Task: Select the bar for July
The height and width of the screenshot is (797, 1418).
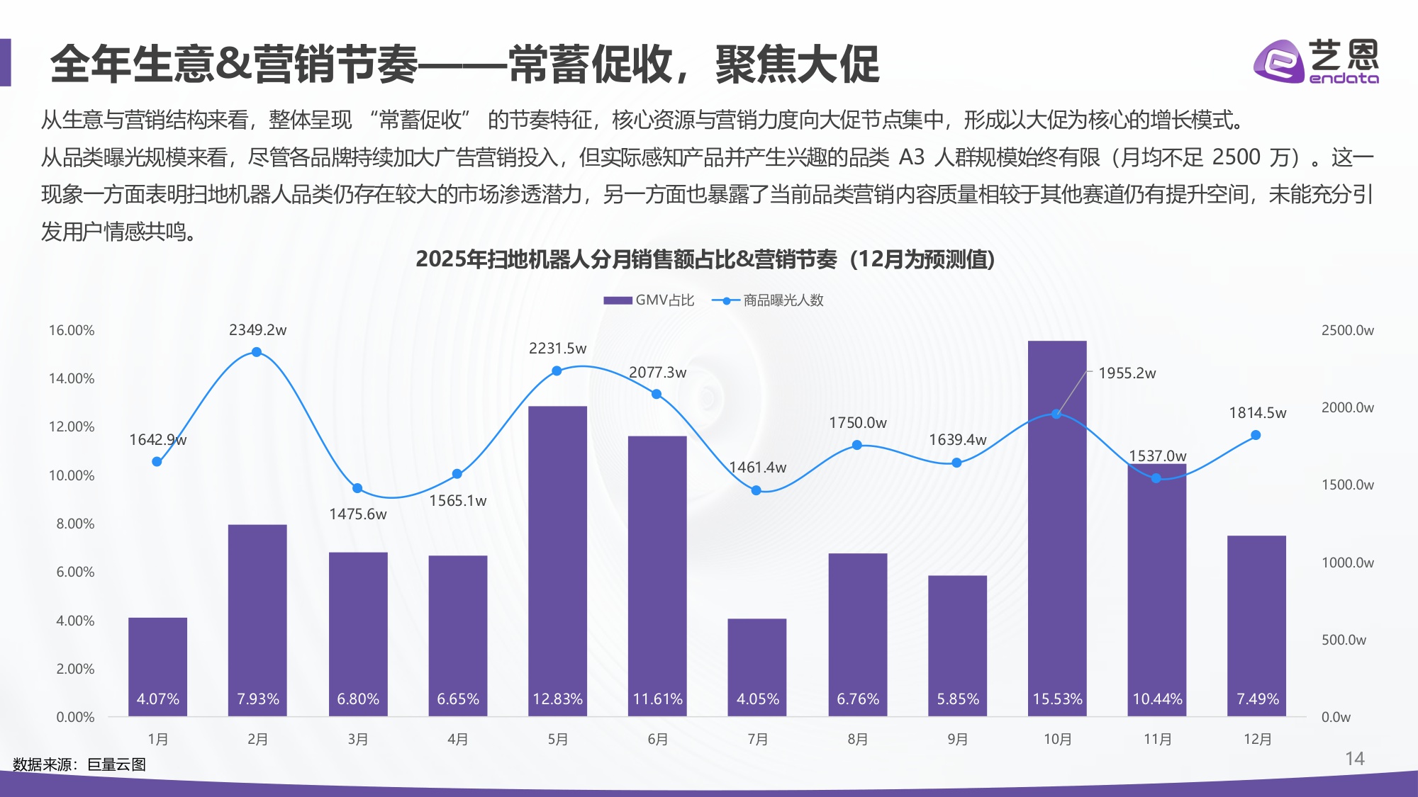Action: (x=757, y=666)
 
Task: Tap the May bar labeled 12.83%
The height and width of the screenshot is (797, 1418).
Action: (x=557, y=560)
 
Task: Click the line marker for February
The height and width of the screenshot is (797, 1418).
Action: (x=257, y=352)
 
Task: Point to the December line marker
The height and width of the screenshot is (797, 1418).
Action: (x=1256, y=435)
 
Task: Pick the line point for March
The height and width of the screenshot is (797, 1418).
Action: (x=357, y=488)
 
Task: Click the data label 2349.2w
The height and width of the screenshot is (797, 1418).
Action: (x=257, y=330)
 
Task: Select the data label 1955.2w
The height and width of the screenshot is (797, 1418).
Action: (x=1127, y=373)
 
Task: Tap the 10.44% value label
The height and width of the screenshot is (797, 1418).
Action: (x=1157, y=699)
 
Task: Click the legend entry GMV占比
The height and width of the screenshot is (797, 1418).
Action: (x=649, y=300)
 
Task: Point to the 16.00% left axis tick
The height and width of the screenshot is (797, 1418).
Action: (x=71, y=330)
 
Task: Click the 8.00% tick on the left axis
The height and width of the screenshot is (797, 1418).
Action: (x=74, y=524)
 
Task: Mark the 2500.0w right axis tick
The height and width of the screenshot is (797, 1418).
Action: (x=1347, y=330)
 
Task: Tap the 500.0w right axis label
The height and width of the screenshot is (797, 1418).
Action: (x=1344, y=640)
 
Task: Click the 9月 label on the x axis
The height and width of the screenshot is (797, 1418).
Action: (x=957, y=740)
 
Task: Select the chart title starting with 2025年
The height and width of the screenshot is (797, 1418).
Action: (x=705, y=259)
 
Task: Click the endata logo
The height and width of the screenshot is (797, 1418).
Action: (x=1316, y=62)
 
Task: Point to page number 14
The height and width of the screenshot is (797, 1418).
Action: (x=1354, y=759)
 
